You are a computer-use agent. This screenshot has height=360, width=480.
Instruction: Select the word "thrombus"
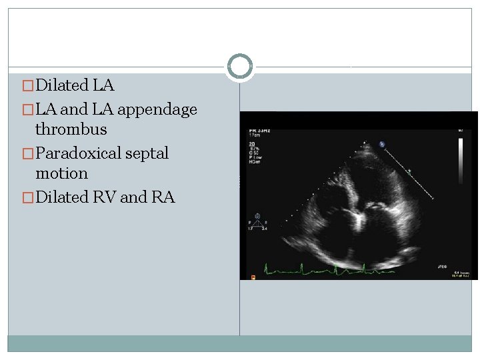pos(71,129)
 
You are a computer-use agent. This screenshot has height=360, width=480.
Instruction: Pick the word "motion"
pos(61,173)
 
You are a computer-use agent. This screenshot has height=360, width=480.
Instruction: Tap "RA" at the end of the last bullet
pos(163,197)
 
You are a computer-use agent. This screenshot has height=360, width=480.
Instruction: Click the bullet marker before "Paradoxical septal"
pos(27,154)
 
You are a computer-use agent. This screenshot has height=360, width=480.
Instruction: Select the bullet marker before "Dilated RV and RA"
pos(27,198)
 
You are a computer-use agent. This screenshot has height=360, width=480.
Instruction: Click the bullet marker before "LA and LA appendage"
pos(27,110)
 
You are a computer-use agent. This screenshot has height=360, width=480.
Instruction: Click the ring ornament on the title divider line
pos(240,67)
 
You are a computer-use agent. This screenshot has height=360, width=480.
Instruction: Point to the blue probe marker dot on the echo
pos(382,143)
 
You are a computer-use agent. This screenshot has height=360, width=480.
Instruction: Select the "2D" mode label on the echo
pos(252,143)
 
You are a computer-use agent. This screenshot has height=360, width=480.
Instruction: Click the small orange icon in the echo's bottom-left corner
pos(253,276)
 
